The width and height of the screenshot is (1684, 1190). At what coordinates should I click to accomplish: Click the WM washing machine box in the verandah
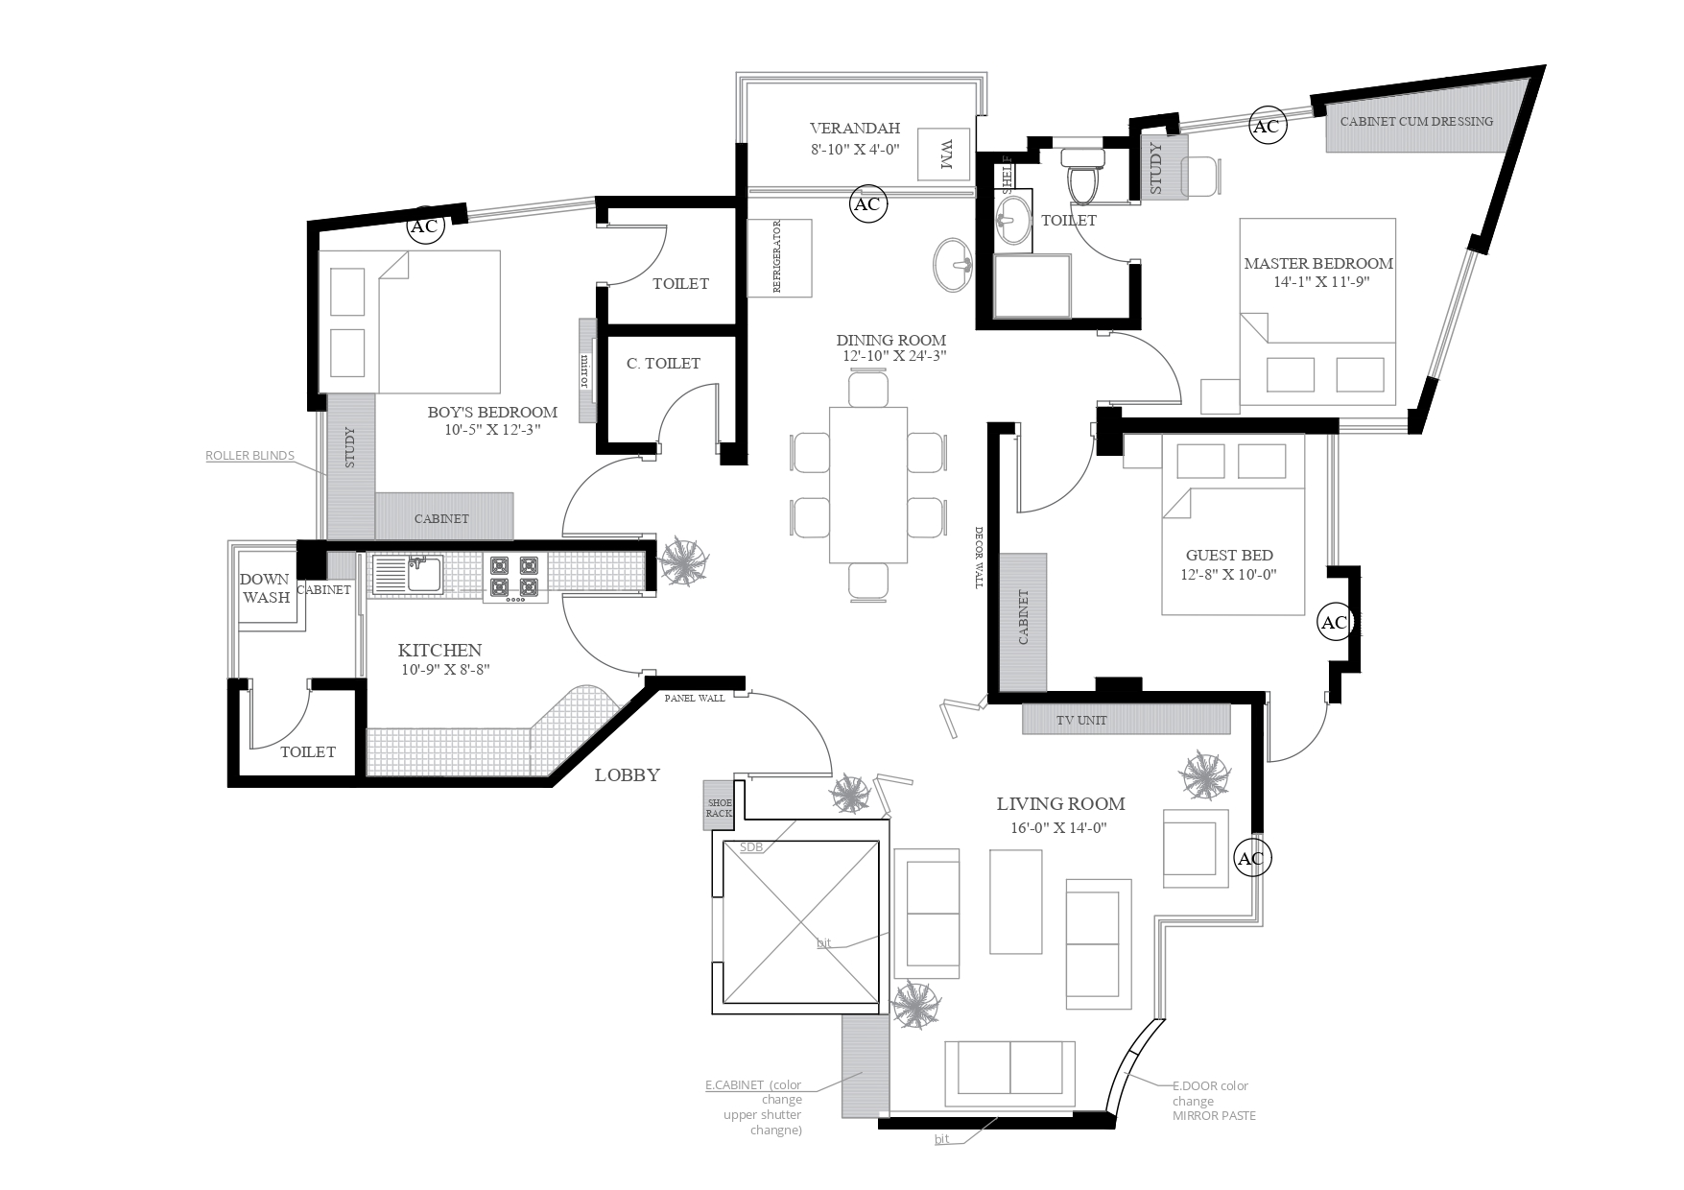[944, 153]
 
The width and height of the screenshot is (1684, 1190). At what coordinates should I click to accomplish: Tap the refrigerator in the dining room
[780, 257]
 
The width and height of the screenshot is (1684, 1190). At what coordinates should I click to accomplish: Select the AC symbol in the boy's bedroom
[424, 226]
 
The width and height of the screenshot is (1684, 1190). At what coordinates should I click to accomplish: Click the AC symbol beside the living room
[1251, 858]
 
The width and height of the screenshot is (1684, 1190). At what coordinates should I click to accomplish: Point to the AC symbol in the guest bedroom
[1335, 622]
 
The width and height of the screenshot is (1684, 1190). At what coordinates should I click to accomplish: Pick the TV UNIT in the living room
[1126, 719]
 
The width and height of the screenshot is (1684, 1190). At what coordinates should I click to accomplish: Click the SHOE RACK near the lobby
[719, 808]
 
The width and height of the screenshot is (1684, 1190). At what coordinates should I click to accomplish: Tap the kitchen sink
[407, 575]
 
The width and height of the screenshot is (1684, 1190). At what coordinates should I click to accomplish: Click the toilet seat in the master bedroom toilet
[1085, 178]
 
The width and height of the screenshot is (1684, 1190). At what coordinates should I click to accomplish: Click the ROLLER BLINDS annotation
[249, 455]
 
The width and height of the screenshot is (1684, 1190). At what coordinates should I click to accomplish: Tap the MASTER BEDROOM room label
[1318, 263]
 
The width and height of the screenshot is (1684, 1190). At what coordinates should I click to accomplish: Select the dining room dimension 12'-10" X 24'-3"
[891, 356]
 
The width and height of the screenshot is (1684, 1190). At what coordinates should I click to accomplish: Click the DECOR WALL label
[980, 558]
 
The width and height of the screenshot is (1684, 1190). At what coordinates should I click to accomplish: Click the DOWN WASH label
[265, 587]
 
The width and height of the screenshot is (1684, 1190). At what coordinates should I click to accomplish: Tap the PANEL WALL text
[695, 698]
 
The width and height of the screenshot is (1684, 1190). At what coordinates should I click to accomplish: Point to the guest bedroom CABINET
[1023, 621]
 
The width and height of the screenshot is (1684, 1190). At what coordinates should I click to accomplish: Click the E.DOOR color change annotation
[1211, 1100]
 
